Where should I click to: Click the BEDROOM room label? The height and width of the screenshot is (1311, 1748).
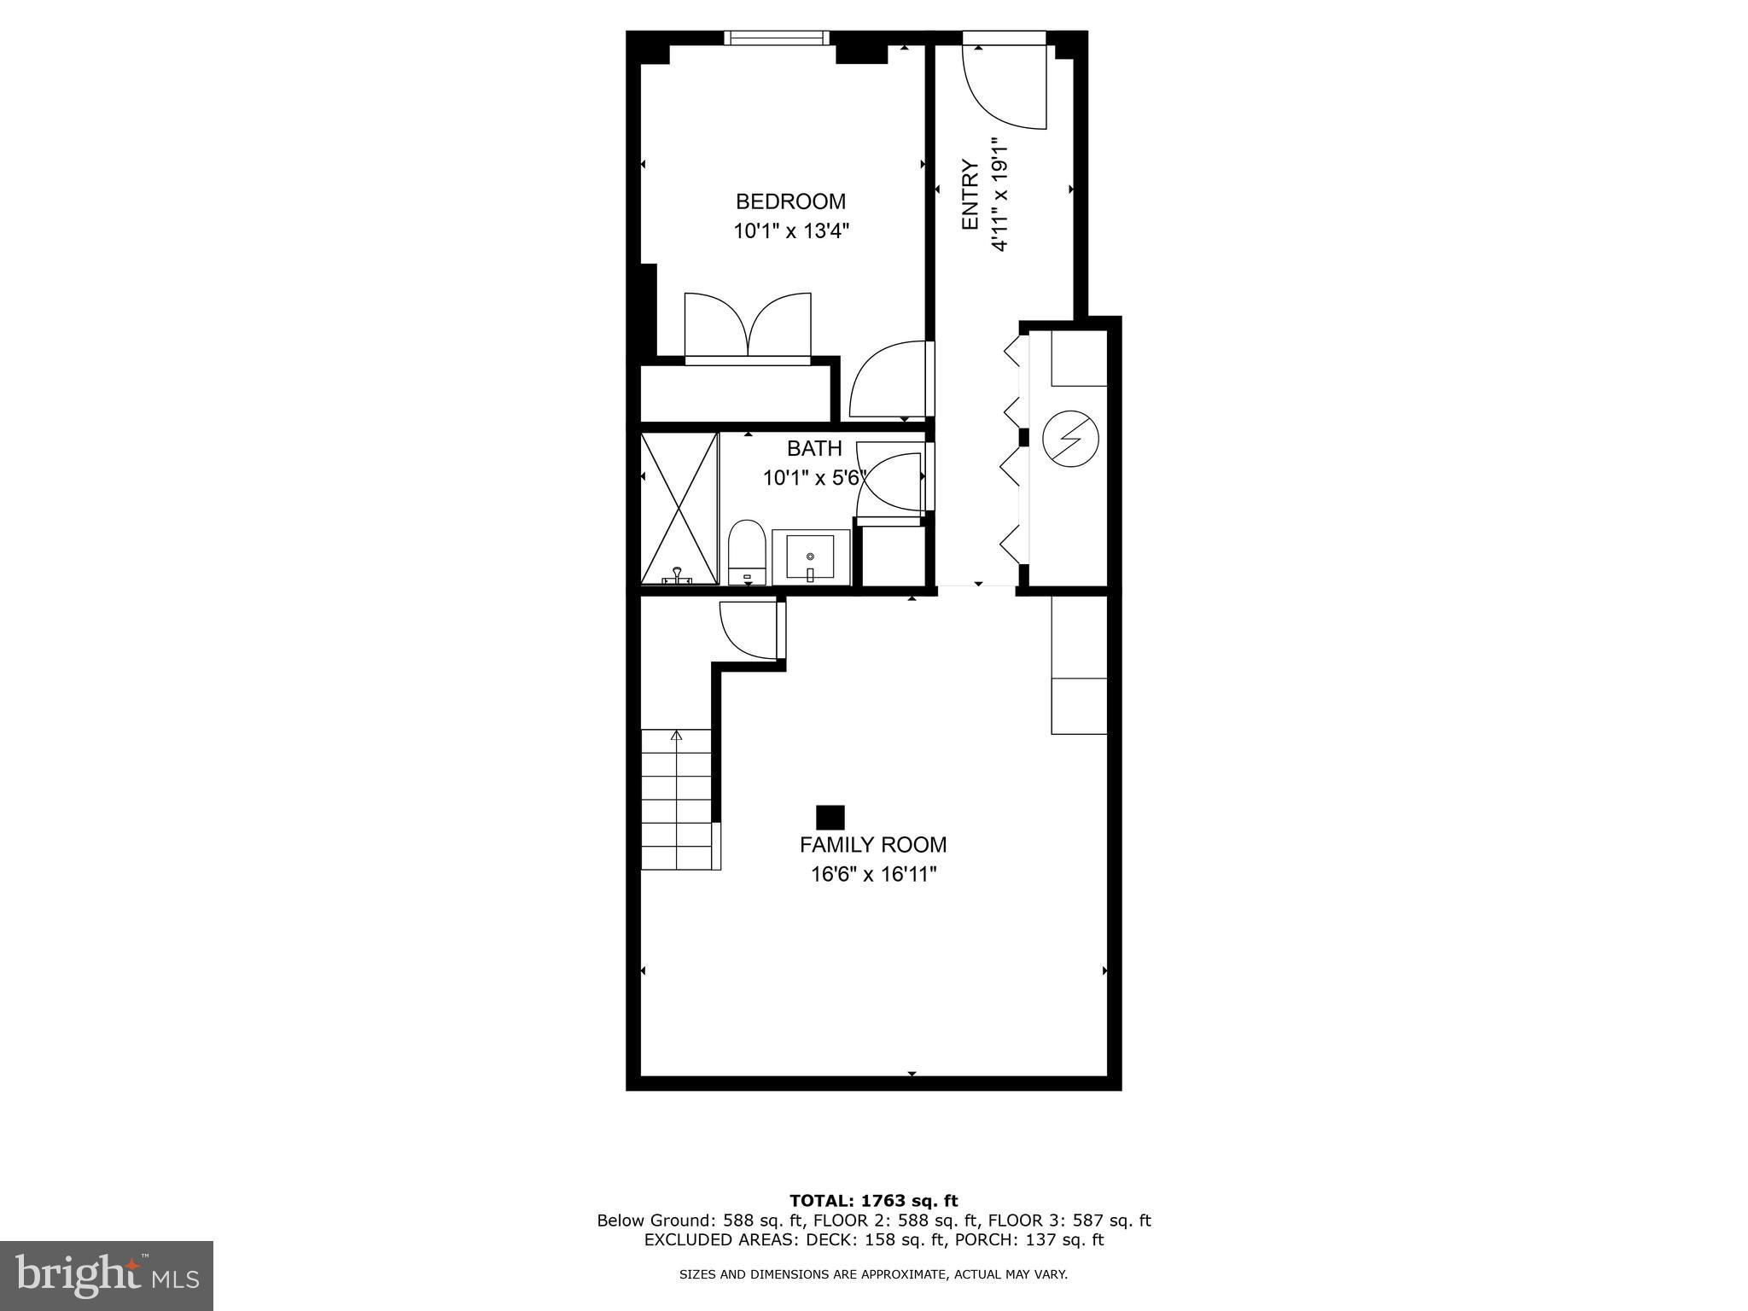790,201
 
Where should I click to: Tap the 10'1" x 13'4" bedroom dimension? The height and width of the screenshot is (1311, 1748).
792,230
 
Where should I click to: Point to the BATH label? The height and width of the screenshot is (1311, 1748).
814,448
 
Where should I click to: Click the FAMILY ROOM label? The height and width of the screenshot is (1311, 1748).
873,845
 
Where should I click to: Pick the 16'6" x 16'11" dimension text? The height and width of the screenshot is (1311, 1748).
874,874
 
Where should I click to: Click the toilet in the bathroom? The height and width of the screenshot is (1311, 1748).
748,552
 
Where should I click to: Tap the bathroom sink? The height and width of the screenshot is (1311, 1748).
811,556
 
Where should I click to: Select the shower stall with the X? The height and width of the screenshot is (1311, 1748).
679,509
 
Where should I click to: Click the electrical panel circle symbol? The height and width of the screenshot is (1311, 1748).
1070,439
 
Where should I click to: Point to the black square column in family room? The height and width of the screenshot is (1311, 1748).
830,818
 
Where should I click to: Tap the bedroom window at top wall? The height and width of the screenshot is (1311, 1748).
777,38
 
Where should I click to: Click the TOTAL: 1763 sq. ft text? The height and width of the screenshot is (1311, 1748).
873,1201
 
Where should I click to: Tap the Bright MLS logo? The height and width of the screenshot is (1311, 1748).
107,1276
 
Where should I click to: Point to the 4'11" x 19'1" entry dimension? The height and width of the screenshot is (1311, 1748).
999,195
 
